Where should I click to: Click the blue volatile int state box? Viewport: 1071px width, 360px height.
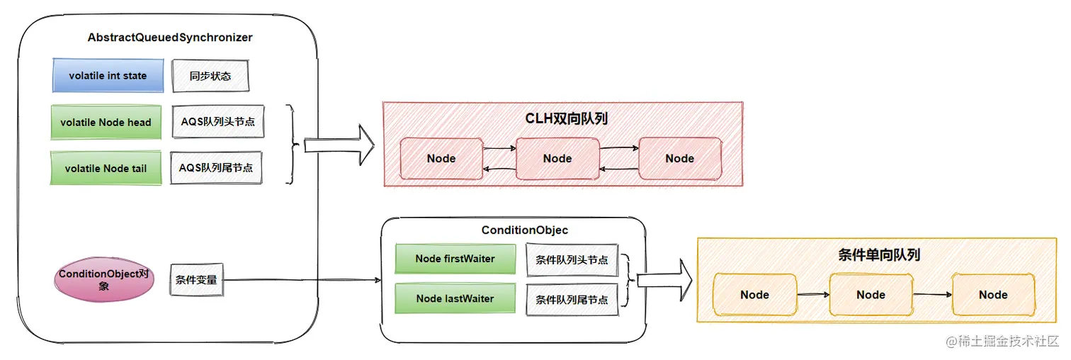point(108,76)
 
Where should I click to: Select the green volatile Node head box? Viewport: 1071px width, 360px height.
point(106,123)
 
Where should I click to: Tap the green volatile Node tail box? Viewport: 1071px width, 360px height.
point(106,168)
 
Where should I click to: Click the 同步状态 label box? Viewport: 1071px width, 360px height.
point(210,76)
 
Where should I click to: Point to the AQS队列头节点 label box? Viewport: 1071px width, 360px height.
point(218,122)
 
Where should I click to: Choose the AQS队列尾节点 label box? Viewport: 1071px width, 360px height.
point(216,168)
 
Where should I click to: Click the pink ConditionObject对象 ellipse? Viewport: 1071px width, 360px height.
point(104,280)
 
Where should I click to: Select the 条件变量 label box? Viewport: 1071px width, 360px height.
point(196,280)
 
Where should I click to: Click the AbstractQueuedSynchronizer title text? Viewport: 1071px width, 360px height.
point(170,38)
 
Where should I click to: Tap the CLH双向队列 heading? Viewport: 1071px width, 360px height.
point(566,118)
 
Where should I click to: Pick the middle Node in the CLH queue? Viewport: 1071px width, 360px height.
point(557,159)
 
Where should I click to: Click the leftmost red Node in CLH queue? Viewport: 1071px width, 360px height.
point(441,159)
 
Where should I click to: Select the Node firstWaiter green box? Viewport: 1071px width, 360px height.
point(455,259)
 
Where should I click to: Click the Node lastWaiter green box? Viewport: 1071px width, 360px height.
point(455,299)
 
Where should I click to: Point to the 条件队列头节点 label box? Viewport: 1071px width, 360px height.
point(572,260)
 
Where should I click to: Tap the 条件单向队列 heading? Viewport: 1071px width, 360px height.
point(879,255)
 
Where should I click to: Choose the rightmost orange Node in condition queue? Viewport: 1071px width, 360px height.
point(994,295)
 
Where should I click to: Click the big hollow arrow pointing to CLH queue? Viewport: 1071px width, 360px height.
point(339,145)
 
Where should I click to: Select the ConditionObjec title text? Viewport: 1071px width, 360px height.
point(524,230)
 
